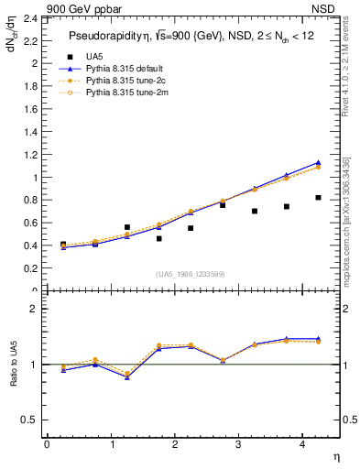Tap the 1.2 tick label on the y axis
(x=31, y=155)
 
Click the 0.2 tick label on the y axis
(x=31, y=269)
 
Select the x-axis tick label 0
(x=47, y=444)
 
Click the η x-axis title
(x=335, y=456)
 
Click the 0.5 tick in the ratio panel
(x=31, y=420)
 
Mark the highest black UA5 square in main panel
(x=318, y=198)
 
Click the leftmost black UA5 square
(x=62, y=245)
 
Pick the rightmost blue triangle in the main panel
(x=318, y=162)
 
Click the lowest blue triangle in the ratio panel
(x=126, y=376)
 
